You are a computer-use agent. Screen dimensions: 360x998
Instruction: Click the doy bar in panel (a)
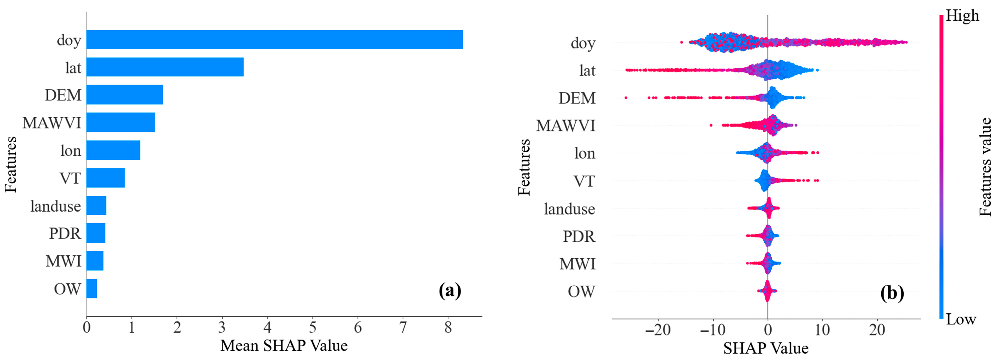coord(274,39)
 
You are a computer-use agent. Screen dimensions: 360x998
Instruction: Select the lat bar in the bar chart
coord(165,67)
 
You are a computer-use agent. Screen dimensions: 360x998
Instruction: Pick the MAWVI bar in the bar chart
coord(120,122)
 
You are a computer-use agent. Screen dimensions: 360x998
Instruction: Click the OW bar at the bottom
coord(92,288)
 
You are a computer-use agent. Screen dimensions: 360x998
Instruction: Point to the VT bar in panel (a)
coord(105,178)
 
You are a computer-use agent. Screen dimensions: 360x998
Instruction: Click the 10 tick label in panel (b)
coord(822,330)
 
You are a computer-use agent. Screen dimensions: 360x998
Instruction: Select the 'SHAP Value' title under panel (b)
coord(766,348)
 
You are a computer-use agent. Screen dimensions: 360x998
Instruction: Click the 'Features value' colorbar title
coord(985,167)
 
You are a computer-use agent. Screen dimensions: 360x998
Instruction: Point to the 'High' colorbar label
coord(962,16)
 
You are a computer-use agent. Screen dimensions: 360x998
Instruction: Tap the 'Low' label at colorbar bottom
coord(961,319)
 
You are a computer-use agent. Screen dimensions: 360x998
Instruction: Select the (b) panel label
coord(892,293)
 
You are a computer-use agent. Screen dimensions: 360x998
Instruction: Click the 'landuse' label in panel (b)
coord(569,209)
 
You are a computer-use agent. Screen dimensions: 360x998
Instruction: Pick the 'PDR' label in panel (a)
coord(65,233)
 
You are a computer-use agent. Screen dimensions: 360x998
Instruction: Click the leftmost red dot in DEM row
coord(626,98)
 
